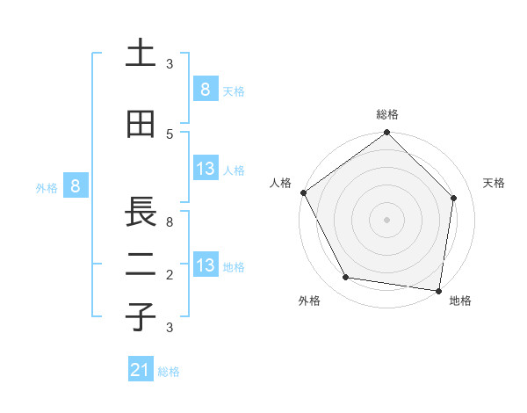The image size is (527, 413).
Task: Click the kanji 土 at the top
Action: coord(141,54)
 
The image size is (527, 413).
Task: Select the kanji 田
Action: coord(141,125)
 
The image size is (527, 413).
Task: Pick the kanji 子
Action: coord(141,317)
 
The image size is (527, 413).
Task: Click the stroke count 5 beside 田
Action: coord(170,134)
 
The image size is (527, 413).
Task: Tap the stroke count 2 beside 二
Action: coord(170,275)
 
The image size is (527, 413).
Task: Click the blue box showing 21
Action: coord(141,370)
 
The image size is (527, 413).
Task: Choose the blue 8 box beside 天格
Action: coord(205,89)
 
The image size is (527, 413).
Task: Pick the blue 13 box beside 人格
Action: coord(205,169)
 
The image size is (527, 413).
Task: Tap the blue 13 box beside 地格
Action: coord(205,265)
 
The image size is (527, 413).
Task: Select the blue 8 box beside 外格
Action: coord(76,185)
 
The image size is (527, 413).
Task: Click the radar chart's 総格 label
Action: coord(387,114)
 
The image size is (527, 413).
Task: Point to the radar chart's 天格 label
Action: coord(495,183)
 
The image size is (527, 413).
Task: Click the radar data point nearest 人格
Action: coord(304,192)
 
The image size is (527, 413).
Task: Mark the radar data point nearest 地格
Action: coord(438,290)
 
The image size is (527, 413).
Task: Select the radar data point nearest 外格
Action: coord(346,278)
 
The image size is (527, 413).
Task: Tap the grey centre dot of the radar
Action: coord(387,220)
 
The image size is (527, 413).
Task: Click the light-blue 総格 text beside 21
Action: coord(169,372)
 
